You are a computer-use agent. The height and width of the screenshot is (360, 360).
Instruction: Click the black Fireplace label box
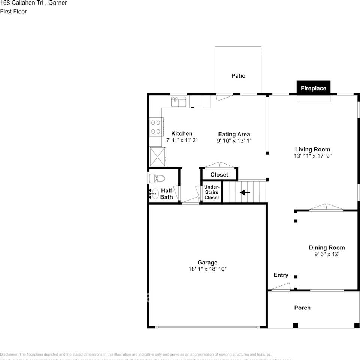click(x=313, y=88)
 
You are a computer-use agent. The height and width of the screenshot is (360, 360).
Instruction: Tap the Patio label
click(x=238, y=76)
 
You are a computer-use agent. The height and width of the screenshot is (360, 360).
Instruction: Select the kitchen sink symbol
click(x=179, y=101)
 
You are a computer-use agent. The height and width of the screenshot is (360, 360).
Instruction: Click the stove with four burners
click(x=156, y=127)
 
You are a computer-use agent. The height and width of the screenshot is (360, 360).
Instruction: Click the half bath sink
click(x=154, y=193)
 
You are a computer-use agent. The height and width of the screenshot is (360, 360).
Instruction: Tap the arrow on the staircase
click(x=245, y=192)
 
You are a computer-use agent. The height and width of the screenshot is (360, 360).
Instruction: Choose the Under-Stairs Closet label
click(x=212, y=192)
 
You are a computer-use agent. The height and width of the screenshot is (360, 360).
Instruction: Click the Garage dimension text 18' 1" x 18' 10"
click(x=208, y=269)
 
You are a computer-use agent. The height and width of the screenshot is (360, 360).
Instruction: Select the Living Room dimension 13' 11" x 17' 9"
click(x=313, y=156)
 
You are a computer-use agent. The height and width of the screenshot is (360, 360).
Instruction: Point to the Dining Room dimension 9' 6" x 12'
click(x=327, y=254)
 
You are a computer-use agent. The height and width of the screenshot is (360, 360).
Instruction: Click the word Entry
click(x=281, y=275)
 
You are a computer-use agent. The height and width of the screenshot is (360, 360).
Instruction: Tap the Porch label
click(x=302, y=307)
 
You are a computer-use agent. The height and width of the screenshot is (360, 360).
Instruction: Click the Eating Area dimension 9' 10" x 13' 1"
click(x=234, y=141)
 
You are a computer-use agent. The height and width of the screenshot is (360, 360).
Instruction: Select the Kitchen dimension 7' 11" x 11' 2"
click(x=182, y=140)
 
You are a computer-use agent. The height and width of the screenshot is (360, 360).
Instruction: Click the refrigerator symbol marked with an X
click(x=157, y=156)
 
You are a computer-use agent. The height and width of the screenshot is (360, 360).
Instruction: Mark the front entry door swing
click(x=280, y=287)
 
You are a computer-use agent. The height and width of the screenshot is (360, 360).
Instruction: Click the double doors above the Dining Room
click(x=326, y=208)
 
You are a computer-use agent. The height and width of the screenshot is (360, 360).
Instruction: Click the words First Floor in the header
click(x=13, y=12)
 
